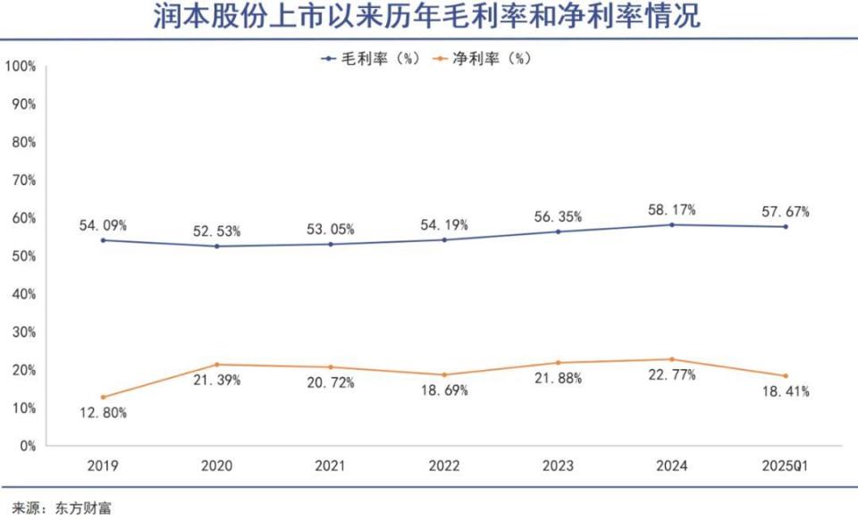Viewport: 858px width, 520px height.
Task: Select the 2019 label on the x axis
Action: point(104,466)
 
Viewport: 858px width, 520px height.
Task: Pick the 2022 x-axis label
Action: point(444,466)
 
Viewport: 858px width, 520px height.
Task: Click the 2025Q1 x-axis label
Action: point(786,466)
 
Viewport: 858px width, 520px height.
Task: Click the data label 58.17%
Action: point(671,210)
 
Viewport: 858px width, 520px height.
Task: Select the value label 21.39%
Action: point(217,381)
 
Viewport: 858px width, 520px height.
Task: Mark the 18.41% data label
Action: point(786,391)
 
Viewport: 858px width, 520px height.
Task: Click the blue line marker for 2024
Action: point(671,224)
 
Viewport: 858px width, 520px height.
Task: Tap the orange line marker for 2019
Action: point(104,397)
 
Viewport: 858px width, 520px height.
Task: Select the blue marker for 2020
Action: point(217,246)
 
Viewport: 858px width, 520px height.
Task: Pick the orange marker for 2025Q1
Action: point(786,375)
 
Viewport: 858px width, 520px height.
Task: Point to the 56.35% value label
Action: point(558,216)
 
